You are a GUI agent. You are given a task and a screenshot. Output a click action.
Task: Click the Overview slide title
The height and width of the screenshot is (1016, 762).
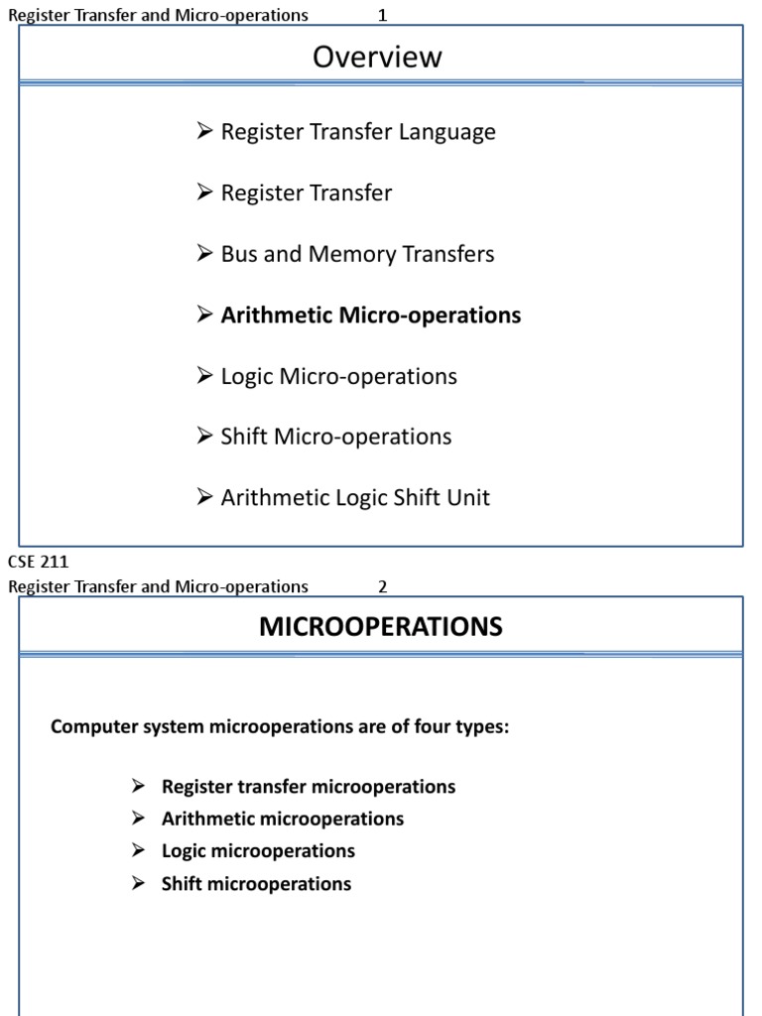tap(377, 58)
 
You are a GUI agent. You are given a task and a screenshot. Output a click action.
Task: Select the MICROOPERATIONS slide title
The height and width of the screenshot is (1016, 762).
tap(381, 627)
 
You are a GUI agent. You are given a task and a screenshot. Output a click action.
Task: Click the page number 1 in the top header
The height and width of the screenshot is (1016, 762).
tap(382, 15)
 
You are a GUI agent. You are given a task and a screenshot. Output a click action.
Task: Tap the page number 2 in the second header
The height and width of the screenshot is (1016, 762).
tap(382, 586)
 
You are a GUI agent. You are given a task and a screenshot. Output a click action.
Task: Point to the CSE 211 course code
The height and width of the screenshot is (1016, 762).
tap(38, 563)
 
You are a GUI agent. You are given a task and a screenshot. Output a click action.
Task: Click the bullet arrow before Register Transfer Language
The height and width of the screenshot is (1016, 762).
tap(205, 131)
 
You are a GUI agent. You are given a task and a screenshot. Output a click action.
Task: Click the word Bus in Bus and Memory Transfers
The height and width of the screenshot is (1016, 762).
tap(239, 254)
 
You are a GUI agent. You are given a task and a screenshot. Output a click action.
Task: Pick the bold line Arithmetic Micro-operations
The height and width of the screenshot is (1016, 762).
tap(370, 316)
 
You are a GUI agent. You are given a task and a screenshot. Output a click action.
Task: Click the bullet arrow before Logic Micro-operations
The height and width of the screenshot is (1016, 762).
tap(205, 376)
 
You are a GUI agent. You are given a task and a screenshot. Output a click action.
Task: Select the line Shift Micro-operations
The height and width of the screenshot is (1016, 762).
tap(335, 438)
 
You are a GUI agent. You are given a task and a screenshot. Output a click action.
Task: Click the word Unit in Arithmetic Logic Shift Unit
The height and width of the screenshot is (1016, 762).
tap(469, 498)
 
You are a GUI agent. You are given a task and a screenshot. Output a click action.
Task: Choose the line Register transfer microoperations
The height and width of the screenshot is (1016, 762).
tap(308, 787)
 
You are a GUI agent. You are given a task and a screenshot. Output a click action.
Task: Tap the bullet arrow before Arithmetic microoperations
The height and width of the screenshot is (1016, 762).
tap(139, 819)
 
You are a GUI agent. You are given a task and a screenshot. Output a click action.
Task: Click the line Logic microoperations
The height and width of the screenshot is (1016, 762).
tap(258, 851)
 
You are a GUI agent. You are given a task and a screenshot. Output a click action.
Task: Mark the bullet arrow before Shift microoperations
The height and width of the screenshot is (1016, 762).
tap(139, 883)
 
